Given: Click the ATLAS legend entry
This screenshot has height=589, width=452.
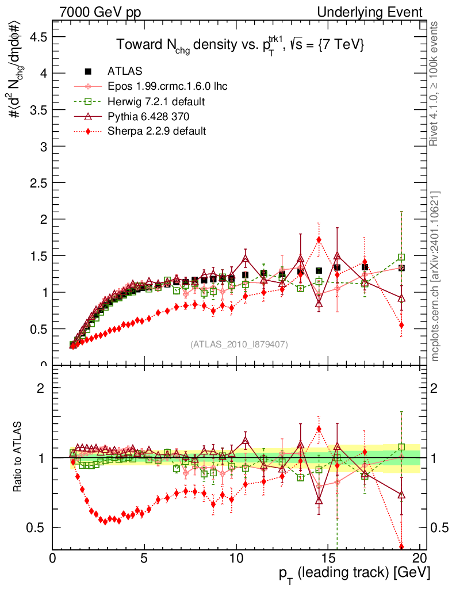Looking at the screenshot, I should (124, 71).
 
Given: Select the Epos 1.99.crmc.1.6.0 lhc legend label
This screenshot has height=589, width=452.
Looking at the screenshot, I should (167, 86).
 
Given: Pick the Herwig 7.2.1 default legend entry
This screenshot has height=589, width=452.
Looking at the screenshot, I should (156, 101).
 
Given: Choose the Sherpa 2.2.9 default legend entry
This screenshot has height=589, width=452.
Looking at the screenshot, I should (156, 131).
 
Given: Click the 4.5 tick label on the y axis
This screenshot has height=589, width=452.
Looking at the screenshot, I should (36, 36).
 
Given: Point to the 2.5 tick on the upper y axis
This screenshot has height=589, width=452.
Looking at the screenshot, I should (36, 182).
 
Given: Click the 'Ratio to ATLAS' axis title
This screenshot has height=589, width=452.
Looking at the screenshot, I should (18, 457).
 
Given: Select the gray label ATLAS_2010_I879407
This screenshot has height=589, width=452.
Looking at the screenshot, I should (239, 344).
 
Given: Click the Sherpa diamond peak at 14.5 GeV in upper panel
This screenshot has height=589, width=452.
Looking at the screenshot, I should (319, 239).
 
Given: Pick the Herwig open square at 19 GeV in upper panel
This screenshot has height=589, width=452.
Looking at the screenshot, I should (401, 257).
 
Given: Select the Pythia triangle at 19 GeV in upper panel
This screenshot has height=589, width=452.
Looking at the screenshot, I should (401, 298).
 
